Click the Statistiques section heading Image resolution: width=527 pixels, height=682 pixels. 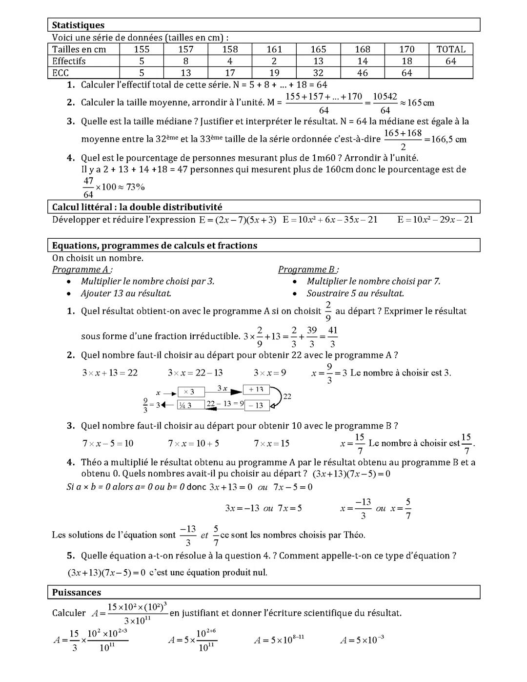(x=78, y=25)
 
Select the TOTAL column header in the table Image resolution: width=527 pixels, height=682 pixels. (x=450, y=49)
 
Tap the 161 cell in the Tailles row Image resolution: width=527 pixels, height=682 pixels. (x=274, y=49)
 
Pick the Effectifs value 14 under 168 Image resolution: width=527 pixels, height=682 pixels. (x=362, y=61)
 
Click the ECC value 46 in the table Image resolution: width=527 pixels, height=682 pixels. (x=362, y=73)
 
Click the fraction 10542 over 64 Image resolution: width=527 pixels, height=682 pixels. (x=385, y=103)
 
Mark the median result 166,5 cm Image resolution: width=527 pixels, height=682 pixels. (x=445, y=140)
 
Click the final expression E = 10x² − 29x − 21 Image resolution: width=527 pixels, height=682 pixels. (x=435, y=220)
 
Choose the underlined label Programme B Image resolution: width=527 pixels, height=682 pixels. (x=307, y=269)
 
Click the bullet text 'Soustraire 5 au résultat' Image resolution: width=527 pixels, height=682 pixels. (x=355, y=293)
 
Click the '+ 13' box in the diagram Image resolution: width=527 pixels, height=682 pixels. (x=256, y=389)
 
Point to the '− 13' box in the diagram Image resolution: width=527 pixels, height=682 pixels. (x=256, y=405)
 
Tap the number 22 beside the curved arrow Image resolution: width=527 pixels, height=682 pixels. (x=287, y=396)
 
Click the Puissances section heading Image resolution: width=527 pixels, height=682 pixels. (x=77, y=592)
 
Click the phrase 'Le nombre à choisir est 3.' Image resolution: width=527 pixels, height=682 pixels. (x=400, y=373)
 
